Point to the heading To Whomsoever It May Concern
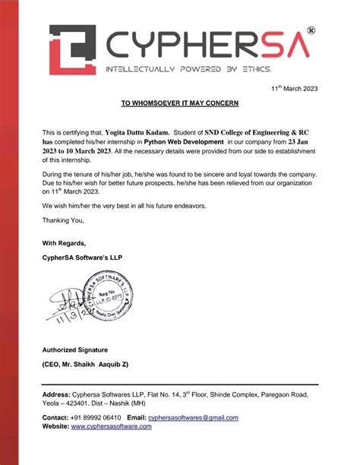[x=180, y=103]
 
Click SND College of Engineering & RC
[x=258, y=131]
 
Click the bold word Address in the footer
[x=56, y=396]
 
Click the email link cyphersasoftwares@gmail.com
[x=193, y=418]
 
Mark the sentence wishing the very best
[x=123, y=206]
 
